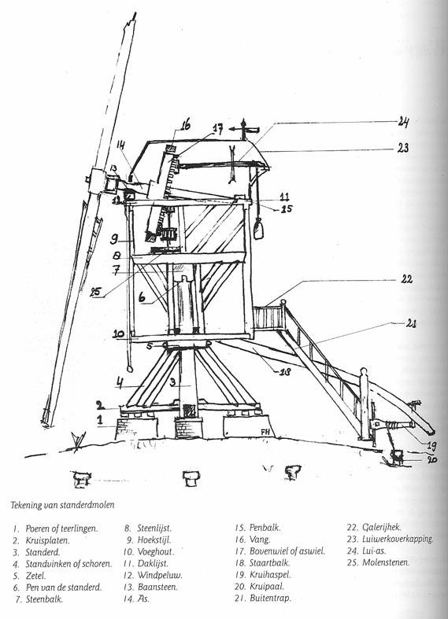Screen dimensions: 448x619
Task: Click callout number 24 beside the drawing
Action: pyautogui.click(x=402, y=122)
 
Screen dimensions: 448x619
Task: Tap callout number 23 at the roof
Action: pyautogui.click(x=403, y=148)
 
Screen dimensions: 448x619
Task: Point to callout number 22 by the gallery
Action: pyautogui.click(x=406, y=279)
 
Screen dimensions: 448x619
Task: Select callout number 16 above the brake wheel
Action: pyautogui.click(x=185, y=125)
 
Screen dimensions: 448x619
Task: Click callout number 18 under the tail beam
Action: pyautogui.click(x=284, y=371)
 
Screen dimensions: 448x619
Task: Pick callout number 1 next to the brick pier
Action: pyautogui.click(x=100, y=419)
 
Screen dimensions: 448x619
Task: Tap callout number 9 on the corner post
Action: pyautogui.click(x=113, y=238)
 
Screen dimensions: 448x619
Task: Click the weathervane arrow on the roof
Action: pyautogui.click(x=245, y=129)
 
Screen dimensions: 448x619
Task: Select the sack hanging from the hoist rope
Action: pyautogui.click(x=259, y=229)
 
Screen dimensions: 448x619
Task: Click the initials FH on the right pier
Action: pyautogui.click(x=265, y=432)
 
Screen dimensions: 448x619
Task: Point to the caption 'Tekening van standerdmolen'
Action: pyautogui.click(x=62, y=504)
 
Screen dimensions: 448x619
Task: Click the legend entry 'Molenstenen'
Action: pyautogui.click(x=386, y=562)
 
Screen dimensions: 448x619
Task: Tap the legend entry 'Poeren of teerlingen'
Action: pyautogui.click(x=61, y=529)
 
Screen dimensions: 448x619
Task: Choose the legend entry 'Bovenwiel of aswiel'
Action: pyautogui.click(x=287, y=551)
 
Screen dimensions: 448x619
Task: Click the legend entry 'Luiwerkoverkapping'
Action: pyautogui.click(x=398, y=539)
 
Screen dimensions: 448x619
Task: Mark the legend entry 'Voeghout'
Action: pyautogui.click(x=155, y=551)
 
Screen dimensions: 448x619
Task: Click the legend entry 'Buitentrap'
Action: pyautogui.click(x=270, y=598)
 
